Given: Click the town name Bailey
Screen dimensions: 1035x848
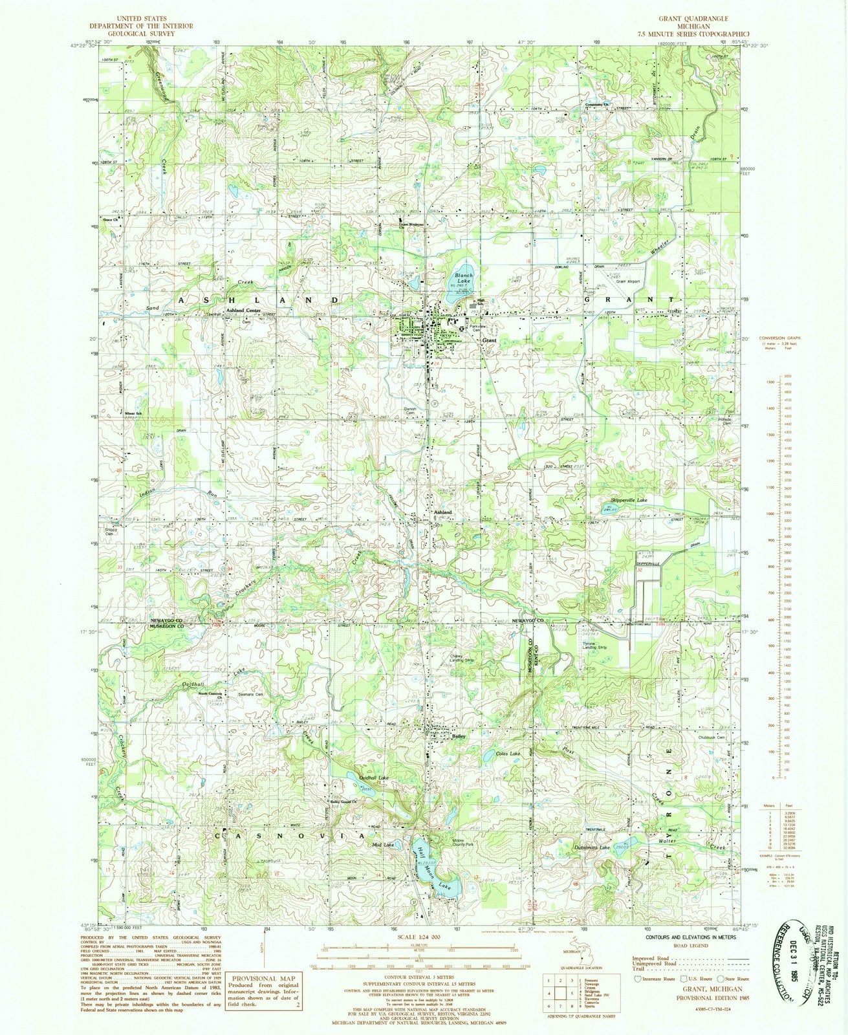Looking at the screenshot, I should (x=459, y=736).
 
